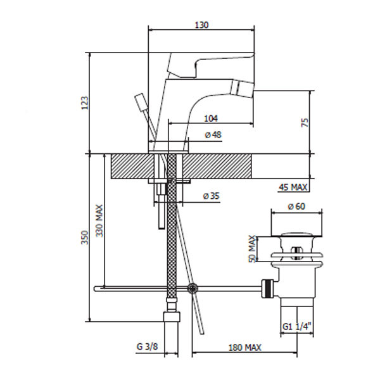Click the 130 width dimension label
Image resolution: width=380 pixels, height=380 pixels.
click(x=201, y=25)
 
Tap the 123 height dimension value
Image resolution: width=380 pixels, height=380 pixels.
click(x=85, y=103)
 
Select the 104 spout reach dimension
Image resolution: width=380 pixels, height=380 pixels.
click(x=211, y=118)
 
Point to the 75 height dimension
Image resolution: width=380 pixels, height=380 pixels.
click(x=305, y=122)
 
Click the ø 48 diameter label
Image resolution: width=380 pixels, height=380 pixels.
click(x=213, y=135)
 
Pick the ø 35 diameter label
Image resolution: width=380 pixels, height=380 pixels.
click(x=212, y=196)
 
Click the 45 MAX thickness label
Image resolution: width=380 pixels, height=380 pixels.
click(x=293, y=187)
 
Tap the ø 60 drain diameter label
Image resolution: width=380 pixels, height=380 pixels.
click(x=296, y=206)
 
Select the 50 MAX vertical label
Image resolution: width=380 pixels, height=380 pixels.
click(x=253, y=249)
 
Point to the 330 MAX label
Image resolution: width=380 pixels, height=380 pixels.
click(x=99, y=221)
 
